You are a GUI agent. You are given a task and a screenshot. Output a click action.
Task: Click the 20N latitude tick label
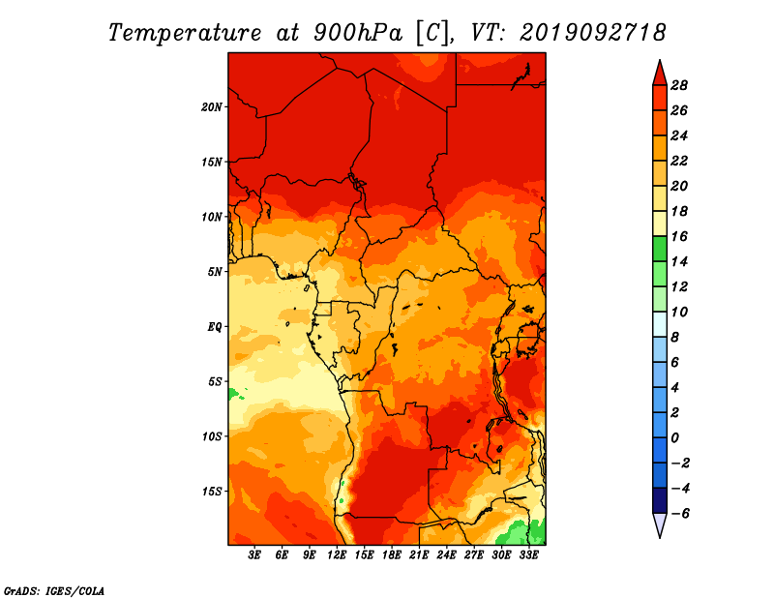pos(212,107)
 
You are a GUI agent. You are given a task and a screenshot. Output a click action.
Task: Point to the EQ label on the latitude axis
pos(215,327)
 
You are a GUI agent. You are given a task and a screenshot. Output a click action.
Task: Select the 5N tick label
pos(215,272)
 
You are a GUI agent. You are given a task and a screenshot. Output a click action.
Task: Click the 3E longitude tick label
pos(254,554)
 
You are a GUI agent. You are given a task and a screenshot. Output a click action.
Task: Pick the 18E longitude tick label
pos(392,554)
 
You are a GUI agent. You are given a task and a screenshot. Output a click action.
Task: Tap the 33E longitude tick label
pos(528,554)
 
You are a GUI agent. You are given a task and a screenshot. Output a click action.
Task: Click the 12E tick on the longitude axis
pos(337,554)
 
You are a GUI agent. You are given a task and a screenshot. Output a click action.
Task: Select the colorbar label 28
pos(679,85)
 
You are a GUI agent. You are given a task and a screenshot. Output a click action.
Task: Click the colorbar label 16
pos(679,236)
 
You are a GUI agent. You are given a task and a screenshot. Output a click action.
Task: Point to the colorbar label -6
pos(680,514)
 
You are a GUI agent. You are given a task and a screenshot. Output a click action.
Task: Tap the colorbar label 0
pos(674,438)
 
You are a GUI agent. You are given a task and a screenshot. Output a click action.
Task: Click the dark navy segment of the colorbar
pos(660,500)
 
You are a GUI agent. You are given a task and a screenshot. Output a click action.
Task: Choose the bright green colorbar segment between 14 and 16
pos(660,249)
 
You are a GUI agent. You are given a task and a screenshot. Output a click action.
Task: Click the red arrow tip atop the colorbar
pos(660,61)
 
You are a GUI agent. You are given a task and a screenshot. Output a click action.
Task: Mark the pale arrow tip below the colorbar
pos(660,537)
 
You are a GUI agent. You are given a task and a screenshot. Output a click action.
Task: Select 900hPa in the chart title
pos(358,33)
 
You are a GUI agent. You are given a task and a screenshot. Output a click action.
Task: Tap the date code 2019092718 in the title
pos(593,33)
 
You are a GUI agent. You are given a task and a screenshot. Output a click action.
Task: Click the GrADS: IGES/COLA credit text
pos(54,591)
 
